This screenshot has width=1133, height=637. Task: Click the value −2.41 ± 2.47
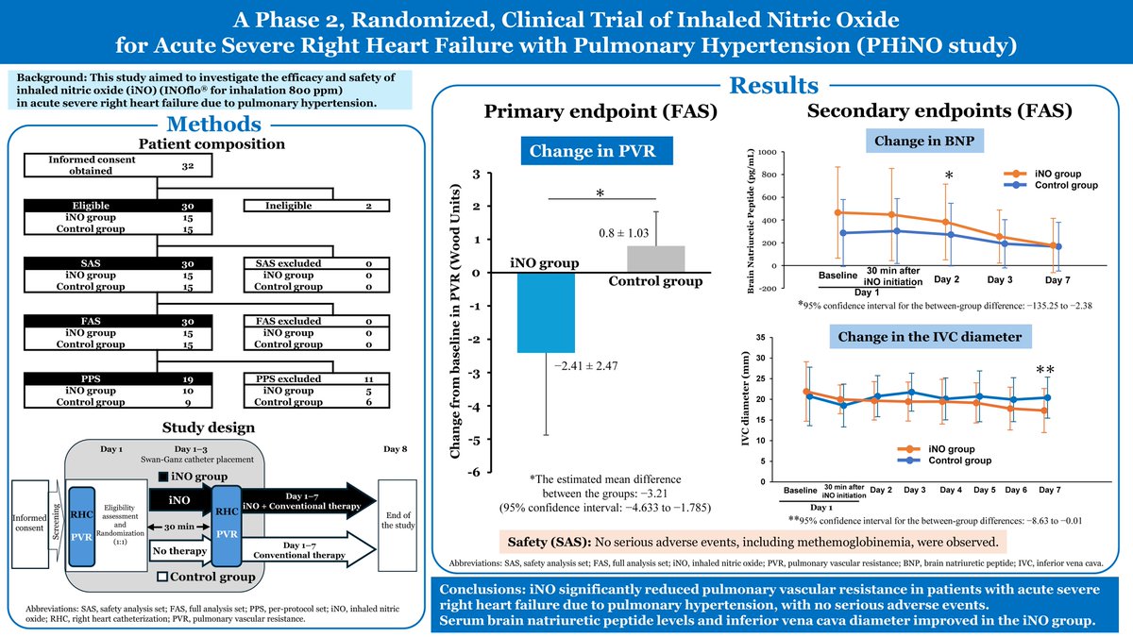(585, 366)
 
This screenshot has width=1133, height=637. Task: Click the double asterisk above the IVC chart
(1045, 371)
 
